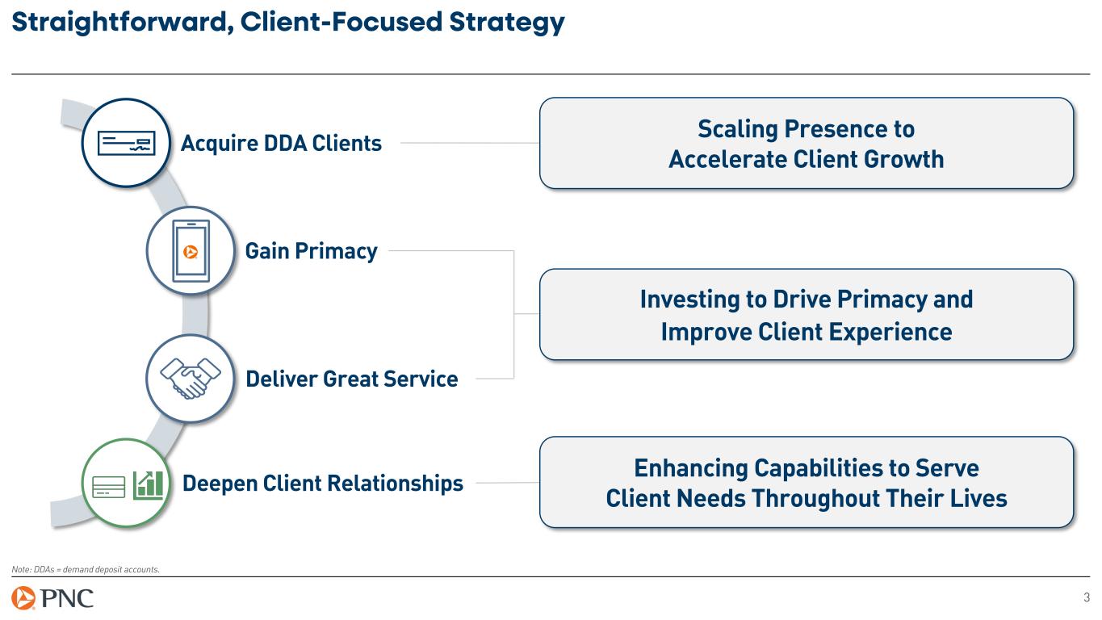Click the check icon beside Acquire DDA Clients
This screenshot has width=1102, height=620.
tap(124, 144)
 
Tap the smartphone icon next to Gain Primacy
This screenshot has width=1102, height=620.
tap(191, 252)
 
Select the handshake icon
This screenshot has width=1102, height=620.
tap(190, 378)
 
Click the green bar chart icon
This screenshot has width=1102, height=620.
tap(149, 483)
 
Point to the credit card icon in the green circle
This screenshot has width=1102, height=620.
tap(108, 484)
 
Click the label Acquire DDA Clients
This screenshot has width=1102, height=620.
tap(281, 144)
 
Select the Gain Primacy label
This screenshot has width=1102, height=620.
tap(311, 252)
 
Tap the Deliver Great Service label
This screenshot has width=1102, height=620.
tap(351, 378)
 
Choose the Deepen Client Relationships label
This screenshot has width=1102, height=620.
tap(323, 484)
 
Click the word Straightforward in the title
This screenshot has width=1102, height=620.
tap(109, 24)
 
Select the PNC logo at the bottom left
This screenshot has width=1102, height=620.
tap(53, 599)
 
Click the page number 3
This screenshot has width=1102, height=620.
tap(1086, 598)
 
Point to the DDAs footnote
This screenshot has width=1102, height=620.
tap(86, 569)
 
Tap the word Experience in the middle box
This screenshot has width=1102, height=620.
tap(886, 332)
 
